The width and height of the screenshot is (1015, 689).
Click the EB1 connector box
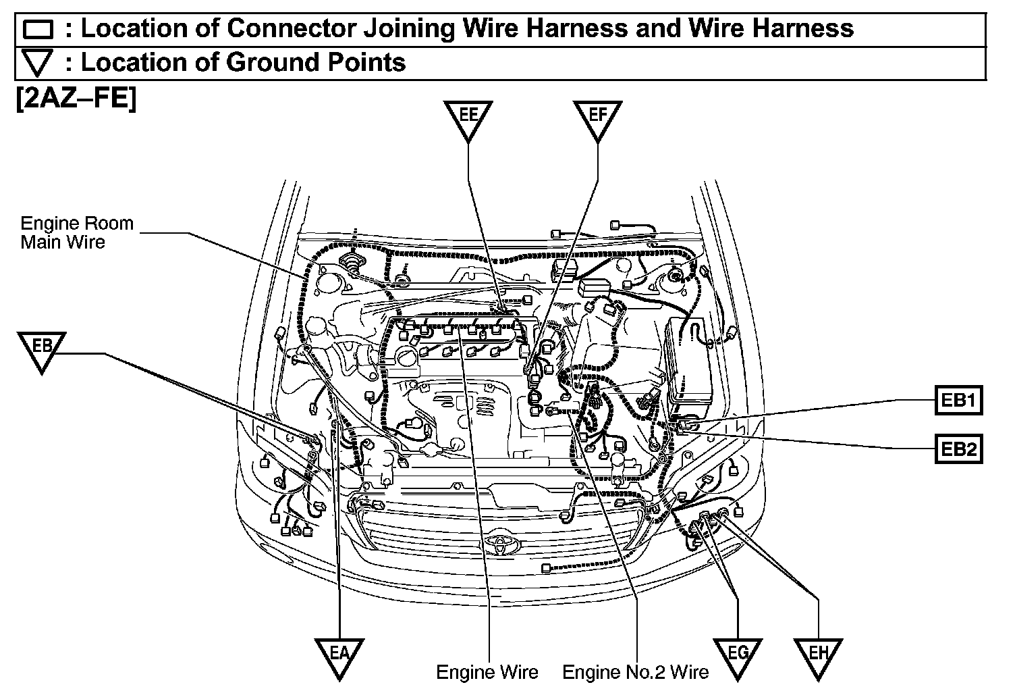[x=958, y=401]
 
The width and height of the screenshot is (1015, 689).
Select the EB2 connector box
[x=958, y=449]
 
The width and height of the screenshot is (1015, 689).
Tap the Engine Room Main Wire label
[x=76, y=232]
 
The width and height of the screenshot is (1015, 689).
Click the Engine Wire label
[x=487, y=672]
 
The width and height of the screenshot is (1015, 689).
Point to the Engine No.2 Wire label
[x=635, y=672]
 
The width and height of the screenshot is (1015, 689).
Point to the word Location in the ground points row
[x=138, y=62]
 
